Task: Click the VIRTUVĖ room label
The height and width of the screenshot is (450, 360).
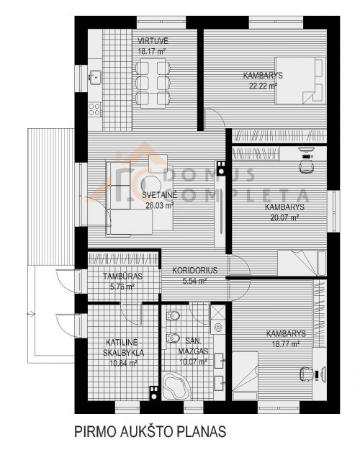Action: [x=153, y=41]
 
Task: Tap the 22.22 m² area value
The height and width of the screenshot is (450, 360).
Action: [x=263, y=86]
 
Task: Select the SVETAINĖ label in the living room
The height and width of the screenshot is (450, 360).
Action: [x=160, y=195]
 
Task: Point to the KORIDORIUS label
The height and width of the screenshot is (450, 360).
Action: [x=194, y=270]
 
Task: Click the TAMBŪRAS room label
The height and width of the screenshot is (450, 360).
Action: [x=122, y=276]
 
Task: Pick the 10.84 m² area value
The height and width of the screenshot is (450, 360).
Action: [x=123, y=363]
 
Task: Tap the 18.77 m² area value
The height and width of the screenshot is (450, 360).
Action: [x=286, y=344]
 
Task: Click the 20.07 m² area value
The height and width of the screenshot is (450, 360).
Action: [x=285, y=217]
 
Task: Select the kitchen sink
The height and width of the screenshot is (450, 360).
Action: [x=94, y=77]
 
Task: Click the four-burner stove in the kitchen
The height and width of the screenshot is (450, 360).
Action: [x=94, y=109]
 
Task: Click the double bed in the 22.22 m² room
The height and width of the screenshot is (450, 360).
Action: [x=300, y=80]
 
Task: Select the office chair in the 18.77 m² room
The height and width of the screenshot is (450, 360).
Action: [x=307, y=374]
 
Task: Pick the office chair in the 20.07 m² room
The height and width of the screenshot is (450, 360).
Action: [x=306, y=166]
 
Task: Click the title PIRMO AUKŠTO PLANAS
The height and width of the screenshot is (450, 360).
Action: [x=150, y=431]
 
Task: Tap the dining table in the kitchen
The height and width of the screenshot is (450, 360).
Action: [x=153, y=83]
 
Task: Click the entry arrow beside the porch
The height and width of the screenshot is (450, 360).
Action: [x=31, y=314]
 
